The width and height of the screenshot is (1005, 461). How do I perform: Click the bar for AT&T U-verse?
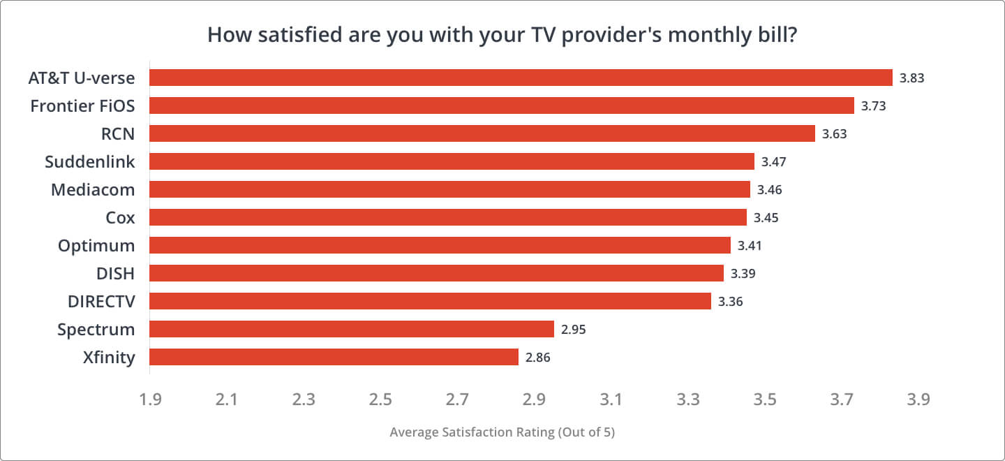pyautogui.click(x=521, y=78)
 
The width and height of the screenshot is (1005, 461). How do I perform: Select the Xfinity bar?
pyautogui.click(x=334, y=357)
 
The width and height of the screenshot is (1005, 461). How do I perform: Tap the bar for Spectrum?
pyautogui.click(x=351, y=329)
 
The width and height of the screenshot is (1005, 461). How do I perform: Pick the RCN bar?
pyautogui.click(x=482, y=133)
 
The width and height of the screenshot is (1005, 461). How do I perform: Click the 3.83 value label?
pyautogui.click(x=911, y=78)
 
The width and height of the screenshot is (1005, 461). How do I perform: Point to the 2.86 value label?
pyautogui.click(x=538, y=358)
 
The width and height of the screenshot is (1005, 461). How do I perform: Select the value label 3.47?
pyautogui.click(x=773, y=162)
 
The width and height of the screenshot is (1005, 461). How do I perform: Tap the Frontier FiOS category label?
pyautogui.click(x=82, y=106)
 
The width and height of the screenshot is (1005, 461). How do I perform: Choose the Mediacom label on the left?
pyautogui.click(x=93, y=190)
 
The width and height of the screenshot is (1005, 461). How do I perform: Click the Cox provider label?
pyautogui.click(x=120, y=218)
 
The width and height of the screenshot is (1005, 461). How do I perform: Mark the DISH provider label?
pyautogui.click(x=115, y=274)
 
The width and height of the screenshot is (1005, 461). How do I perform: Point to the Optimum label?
pyautogui.click(x=96, y=246)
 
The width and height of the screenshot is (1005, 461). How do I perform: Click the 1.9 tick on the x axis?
pyautogui.click(x=150, y=400)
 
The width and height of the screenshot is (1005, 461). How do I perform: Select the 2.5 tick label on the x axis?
pyautogui.click(x=380, y=400)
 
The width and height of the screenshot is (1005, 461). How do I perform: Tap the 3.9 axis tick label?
pyautogui.click(x=918, y=400)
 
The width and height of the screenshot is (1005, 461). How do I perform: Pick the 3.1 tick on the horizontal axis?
pyautogui.click(x=611, y=400)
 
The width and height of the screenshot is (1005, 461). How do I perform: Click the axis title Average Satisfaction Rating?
pyautogui.click(x=502, y=432)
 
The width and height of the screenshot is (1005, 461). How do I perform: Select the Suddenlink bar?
pyautogui.click(x=452, y=161)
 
